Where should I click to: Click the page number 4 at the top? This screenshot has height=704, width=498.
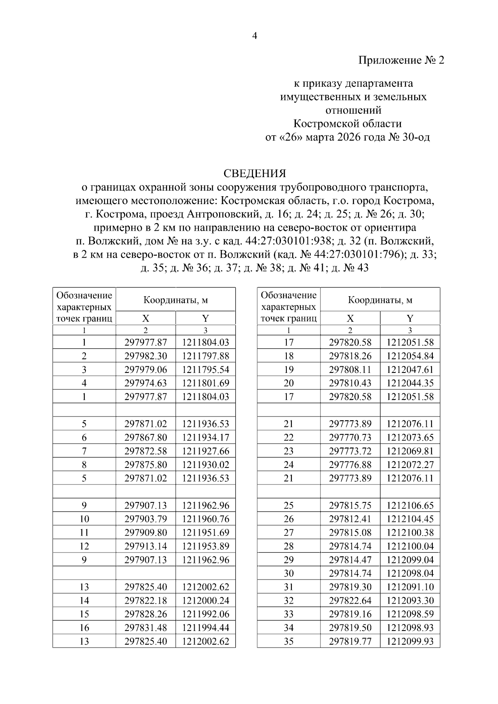255,36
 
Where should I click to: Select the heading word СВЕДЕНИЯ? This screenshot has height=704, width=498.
255,173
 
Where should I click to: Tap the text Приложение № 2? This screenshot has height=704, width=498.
401,61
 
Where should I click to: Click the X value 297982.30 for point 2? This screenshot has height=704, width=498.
146,356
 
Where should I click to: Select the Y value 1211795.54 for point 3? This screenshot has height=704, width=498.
205,370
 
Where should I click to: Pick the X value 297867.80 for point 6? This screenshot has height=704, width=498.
146,437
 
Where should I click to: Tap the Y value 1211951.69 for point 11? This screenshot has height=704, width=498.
205,532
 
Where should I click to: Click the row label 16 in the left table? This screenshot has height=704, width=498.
84,628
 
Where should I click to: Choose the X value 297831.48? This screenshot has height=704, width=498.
146,628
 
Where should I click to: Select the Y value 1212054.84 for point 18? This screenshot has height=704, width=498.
410,356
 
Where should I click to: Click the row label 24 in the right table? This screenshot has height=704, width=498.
288,465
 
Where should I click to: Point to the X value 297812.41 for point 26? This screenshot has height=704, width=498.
350,519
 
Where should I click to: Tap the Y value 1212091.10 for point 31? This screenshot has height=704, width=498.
410,587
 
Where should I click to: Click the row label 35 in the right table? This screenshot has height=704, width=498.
288,641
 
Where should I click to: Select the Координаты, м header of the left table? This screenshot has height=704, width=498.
176,300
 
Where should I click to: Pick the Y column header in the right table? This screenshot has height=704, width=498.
410,318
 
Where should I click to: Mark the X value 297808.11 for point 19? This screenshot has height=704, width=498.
350,370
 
